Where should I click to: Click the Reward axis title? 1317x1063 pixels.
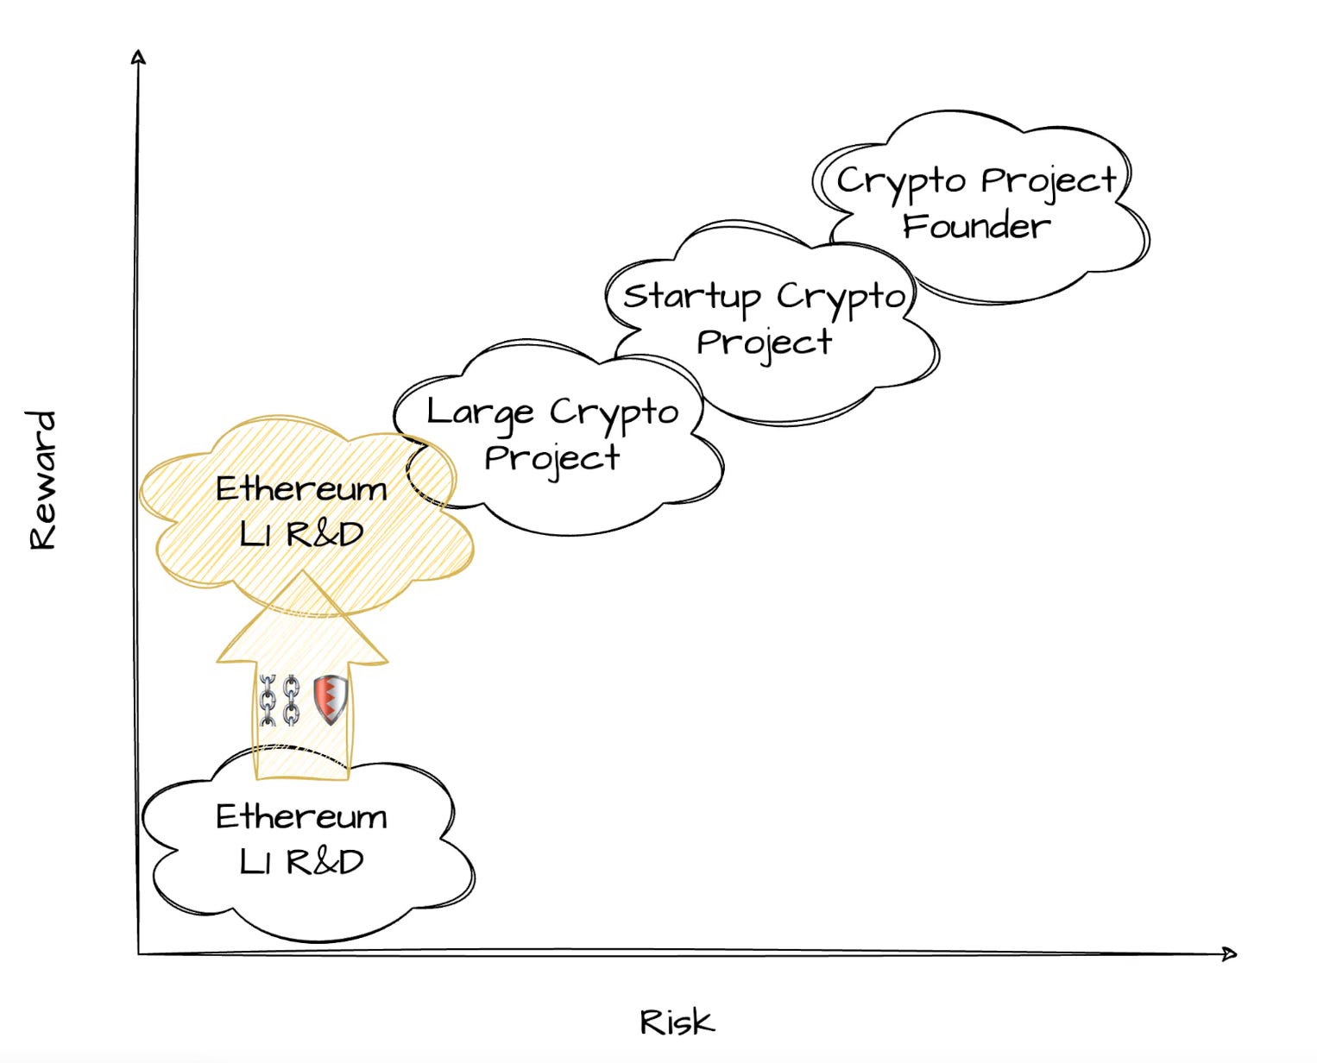[x=42, y=480]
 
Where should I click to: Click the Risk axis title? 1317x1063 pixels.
[x=677, y=1022]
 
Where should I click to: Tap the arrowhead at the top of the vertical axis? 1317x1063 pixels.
[x=138, y=57]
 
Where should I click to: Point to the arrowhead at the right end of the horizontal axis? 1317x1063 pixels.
[x=1230, y=953]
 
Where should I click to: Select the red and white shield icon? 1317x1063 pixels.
[x=330, y=698]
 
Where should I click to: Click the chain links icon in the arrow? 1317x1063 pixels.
[x=280, y=700]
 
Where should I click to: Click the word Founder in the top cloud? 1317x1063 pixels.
[x=976, y=226]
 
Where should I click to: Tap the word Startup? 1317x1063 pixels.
[x=691, y=297]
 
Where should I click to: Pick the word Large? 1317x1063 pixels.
[x=480, y=412]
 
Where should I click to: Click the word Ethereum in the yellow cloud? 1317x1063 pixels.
[x=301, y=488]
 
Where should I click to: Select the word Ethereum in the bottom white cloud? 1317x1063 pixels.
[x=301, y=816]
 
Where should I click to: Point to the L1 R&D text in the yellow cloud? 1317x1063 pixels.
[x=301, y=534]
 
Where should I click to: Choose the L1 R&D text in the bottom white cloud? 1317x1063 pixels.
[x=301, y=861]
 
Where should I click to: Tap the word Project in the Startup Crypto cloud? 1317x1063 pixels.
[x=764, y=343]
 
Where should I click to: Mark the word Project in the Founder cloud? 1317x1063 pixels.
[x=1049, y=182]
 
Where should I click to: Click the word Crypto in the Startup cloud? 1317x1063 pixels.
[x=840, y=297]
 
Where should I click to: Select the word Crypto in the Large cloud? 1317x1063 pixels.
[x=614, y=412]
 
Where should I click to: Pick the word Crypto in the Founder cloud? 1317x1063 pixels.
[x=901, y=182]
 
